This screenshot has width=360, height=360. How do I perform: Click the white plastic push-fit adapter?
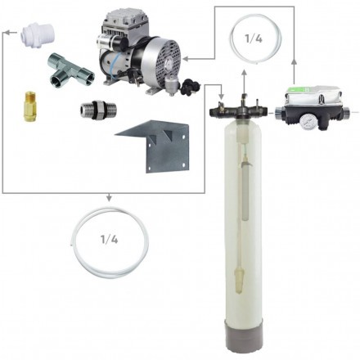(38, 35)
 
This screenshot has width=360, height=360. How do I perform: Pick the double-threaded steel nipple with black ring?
(98, 110)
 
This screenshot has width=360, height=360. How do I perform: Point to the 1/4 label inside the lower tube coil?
(110, 240)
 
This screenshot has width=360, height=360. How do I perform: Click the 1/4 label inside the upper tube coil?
(254, 38)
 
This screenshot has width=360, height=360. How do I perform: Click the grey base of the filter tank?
(241, 335)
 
